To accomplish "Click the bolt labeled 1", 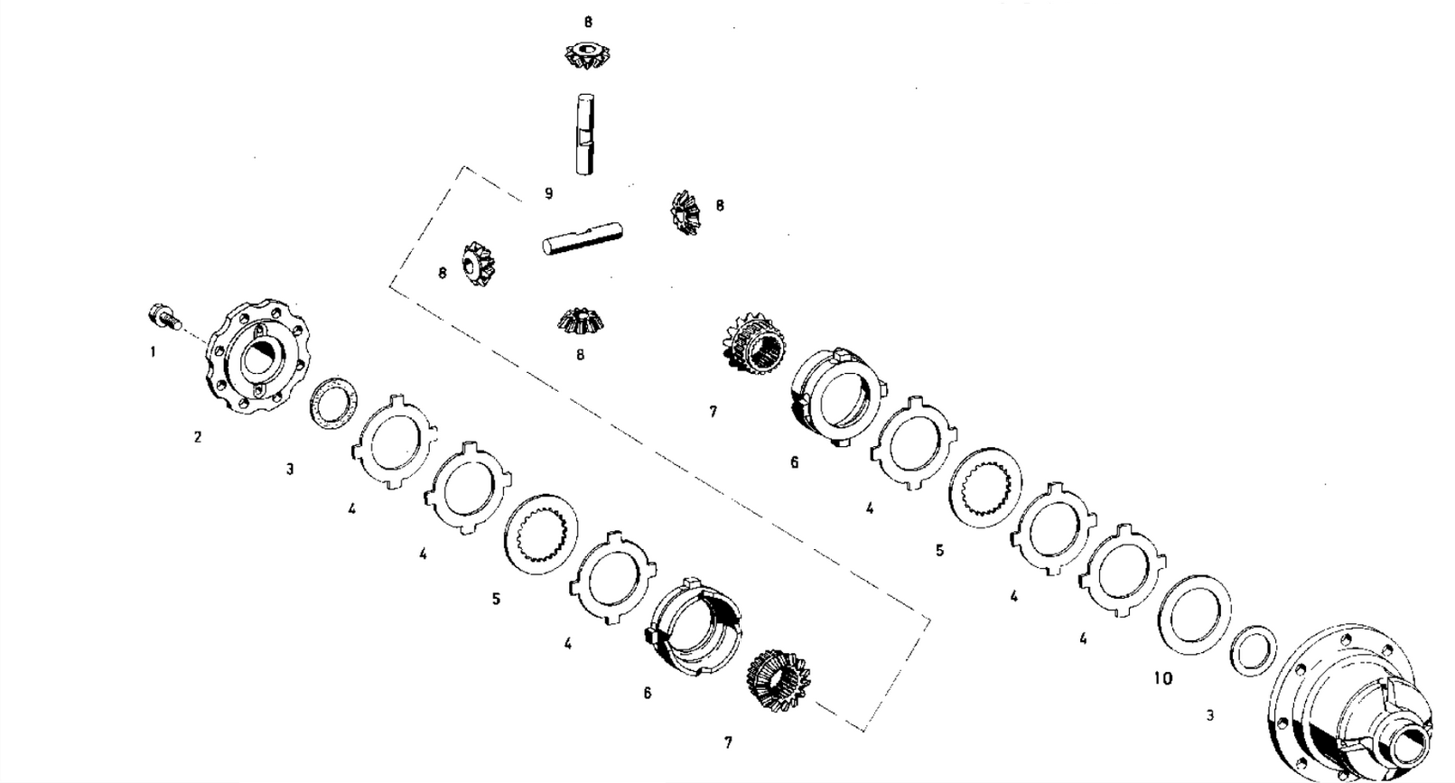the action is (x=163, y=318).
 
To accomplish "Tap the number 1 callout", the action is (x=153, y=352).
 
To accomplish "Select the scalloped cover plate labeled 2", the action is (x=258, y=357).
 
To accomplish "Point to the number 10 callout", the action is (x=1163, y=678).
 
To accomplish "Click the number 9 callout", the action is (x=549, y=193).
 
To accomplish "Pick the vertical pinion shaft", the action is (x=585, y=134).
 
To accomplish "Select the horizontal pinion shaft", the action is (x=583, y=237).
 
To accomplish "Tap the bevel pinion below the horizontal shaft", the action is (x=581, y=322).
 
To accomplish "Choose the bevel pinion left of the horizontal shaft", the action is (x=478, y=263).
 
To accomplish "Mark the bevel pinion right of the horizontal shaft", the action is (x=686, y=212).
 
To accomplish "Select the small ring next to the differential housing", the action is (x=1254, y=651).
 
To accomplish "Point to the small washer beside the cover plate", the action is (x=332, y=403).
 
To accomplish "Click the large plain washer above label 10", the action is (x=1195, y=615).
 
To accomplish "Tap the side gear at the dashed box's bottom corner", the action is (x=779, y=679).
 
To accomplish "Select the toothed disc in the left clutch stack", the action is (x=541, y=534).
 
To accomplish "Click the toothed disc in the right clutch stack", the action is (x=985, y=487).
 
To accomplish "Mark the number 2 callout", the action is (x=198, y=437).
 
